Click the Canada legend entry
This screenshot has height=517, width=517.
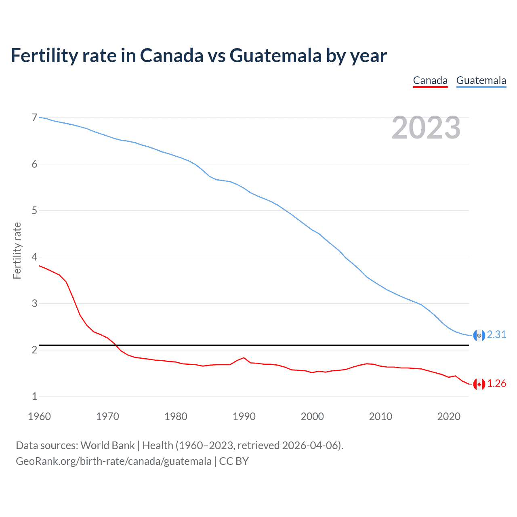click(430, 81)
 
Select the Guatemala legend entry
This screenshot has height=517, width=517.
click(481, 81)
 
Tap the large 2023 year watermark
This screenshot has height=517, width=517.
click(426, 128)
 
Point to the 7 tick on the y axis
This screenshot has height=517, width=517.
click(34, 118)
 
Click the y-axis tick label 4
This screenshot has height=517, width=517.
click(34, 257)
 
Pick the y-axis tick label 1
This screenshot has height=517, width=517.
click(34, 396)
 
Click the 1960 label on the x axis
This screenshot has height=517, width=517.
click(39, 416)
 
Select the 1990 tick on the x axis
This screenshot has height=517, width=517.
click(244, 416)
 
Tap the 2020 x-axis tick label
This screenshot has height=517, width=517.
click(449, 416)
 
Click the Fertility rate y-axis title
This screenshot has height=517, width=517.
click(17, 250)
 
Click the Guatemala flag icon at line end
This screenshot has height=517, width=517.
click(479, 335)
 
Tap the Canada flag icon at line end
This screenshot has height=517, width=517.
click(479, 384)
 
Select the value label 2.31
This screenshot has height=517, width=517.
click(496, 335)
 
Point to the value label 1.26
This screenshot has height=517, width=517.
click(496, 384)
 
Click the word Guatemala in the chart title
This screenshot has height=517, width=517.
click(275, 56)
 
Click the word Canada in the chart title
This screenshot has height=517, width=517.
click(172, 56)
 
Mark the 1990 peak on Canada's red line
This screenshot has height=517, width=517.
click(244, 358)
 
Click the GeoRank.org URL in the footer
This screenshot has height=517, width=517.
click(113, 461)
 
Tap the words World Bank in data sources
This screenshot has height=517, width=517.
click(107, 446)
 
